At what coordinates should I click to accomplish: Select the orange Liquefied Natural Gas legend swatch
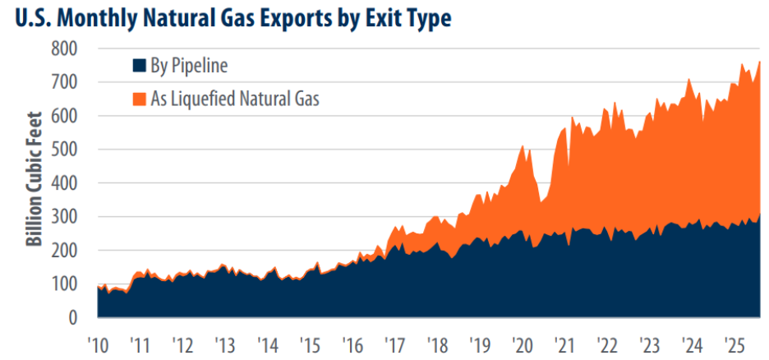coord(140,99)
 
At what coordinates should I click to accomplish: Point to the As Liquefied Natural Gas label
coord(234,99)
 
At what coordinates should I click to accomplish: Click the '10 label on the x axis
coord(97,341)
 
